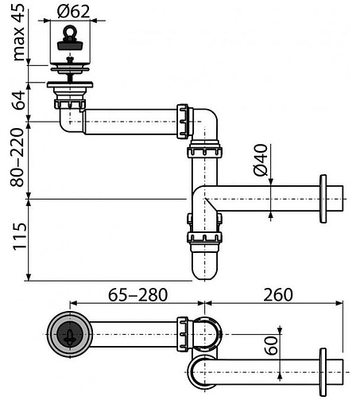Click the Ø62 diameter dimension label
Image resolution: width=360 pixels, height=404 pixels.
click(x=73, y=12)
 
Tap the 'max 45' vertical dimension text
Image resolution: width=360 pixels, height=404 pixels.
click(x=18, y=33)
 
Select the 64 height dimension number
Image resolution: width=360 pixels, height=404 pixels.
click(x=19, y=100)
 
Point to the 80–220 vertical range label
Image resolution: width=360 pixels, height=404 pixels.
click(x=17, y=157)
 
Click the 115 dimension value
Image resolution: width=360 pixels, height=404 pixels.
click(x=20, y=237)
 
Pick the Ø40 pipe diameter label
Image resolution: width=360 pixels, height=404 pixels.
click(x=261, y=160)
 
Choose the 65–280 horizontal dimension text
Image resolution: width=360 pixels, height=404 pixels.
click(x=137, y=295)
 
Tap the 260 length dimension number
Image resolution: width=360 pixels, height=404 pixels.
click(x=278, y=295)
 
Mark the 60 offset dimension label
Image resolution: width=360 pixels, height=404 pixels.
click(x=272, y=345)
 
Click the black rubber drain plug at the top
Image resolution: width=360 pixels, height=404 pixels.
click(x=70, y=45)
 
